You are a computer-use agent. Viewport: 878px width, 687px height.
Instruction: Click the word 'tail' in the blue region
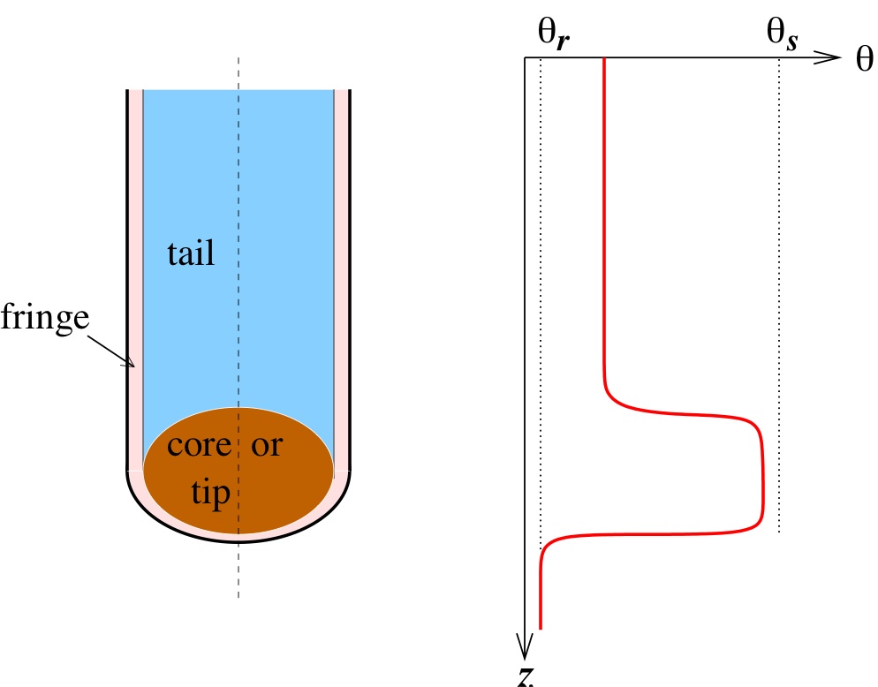tap(191, 254)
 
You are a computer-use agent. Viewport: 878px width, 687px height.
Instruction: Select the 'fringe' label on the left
tap(44, 316)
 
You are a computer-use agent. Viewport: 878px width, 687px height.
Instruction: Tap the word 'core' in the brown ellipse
tap(198, 446)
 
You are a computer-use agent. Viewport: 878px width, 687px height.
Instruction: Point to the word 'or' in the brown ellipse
tap(267, 446)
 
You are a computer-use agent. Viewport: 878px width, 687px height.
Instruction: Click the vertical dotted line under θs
tap(779, 265)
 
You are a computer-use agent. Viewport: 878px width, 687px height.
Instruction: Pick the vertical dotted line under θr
tap(540, 265)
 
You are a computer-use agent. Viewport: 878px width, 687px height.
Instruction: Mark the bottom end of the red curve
tap(540, 628)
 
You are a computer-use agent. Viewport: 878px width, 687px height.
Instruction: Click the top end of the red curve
tap(603, 60)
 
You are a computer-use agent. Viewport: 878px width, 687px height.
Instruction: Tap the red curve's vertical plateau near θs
tap(762, 472)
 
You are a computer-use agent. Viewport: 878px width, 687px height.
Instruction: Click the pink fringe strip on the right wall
tap(340, 265)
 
